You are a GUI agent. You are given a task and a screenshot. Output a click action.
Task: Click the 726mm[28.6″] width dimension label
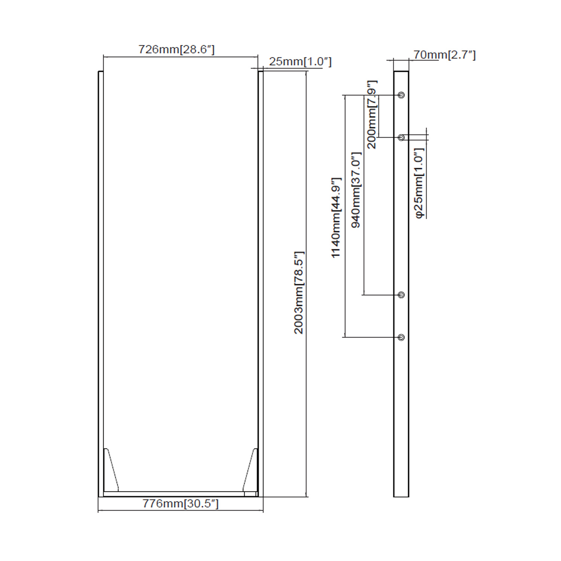(177, 49)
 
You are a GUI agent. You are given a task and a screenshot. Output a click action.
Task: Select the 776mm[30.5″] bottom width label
(180, 503)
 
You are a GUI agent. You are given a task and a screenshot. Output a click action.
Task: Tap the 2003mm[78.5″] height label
(299, 292)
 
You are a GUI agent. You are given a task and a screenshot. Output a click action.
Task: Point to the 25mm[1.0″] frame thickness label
(300, 62)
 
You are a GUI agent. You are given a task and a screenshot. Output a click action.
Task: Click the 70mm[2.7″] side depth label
(444, 55)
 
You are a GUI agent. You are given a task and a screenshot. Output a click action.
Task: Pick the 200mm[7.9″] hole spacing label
(372, 114)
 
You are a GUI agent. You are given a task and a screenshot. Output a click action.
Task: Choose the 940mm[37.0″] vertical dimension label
(356, 190)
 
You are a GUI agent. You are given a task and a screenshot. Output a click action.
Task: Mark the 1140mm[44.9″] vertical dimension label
(336, 218)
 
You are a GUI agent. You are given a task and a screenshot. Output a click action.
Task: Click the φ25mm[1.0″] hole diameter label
(419, 183)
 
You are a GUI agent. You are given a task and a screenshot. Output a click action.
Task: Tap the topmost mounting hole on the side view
(401, 95)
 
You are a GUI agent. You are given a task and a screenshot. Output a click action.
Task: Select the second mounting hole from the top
(401, 138)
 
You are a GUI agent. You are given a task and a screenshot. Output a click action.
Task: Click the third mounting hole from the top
(401, 295)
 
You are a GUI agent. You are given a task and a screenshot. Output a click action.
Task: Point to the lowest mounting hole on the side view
(401, 337)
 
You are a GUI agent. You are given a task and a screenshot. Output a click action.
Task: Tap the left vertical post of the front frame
(101, 284)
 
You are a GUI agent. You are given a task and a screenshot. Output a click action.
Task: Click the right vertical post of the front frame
(260, 284)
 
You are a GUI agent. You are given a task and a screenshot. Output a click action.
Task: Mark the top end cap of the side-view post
(401, 72)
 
